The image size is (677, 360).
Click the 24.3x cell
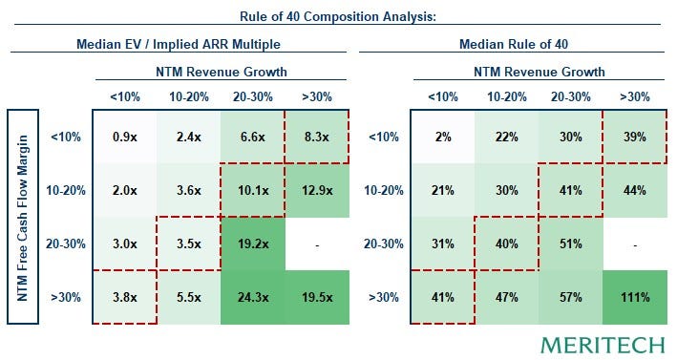pyautogui.click(x=253, y=297)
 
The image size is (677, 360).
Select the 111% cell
pyautogui.click(x=635, y=297)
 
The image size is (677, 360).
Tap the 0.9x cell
pyautogui.click(x=125, y=137)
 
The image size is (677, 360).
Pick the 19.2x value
pyautogui.click(x=253, y=244)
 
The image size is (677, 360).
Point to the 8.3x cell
pyautogui.click(x=317, y=137)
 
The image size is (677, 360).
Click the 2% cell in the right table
pyautogui.click(x=442, y=137)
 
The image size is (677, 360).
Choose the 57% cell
pyautogui.click(x=571, y=297)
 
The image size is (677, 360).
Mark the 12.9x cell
pyautogui.click(x=317, y=190)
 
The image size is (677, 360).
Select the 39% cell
pyautogui.click(x=635, y=137)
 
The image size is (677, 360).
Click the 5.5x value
pyautogui.click(x=189, y=297)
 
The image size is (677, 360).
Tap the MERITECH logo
pyautogui.click(x=603, y=345)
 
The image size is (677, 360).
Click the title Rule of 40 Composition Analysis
pyautogui.click(x=338, y=16)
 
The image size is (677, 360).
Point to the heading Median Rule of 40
pyautogui.click(x=514, y=44)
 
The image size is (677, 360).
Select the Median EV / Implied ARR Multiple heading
pyautogui.click(x=179, y=44)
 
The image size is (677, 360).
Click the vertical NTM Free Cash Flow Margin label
pyautogui.click(x=23, y=217)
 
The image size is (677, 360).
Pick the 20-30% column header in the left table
pyautogui.click(x=253, y=96)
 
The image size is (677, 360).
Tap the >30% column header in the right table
pyautogui.click(x=635, y=96)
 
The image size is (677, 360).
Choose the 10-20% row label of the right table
pyautogui.click(x=384, y=190)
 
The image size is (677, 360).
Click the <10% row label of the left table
pyautogui.click(x=66, y=137)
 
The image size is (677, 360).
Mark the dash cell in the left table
pyautogui.click(x=317, y=244)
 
